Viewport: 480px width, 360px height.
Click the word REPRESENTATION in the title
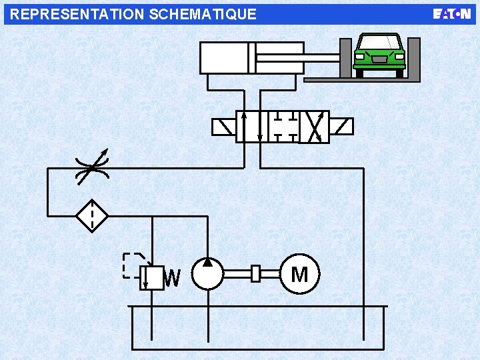click(x=77, y=14)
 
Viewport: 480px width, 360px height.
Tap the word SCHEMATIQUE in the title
click(x=203, y=15)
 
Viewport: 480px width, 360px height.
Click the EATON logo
click(x=451, y=14)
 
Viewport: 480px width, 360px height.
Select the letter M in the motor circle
click(x=300, y=274)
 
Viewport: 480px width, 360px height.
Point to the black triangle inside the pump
click(x=208, y=263)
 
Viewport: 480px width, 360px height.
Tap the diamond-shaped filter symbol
click(x=92, y=216)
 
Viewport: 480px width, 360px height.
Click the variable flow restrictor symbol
click(x=92, y=168)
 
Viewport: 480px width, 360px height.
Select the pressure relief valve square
click(x=152, y=278)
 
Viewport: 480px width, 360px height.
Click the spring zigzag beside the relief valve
click(x=173, y=278)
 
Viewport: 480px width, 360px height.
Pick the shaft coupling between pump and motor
click(x=255, y=273)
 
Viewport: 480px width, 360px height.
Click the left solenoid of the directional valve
click(x=224, y=127)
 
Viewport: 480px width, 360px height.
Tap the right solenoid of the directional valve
click(x=341, y=127)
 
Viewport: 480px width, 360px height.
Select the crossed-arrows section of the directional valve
click(x=314, y=127)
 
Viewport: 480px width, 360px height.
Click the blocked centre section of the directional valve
click(x=283, y=127)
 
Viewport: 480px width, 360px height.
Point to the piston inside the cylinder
click(x=252, y=58)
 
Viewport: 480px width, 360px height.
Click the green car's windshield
click(x=379, y=43)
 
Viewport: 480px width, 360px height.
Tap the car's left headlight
click(x=359, y=57)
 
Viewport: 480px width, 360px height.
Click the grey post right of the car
click(x=414, y=58)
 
